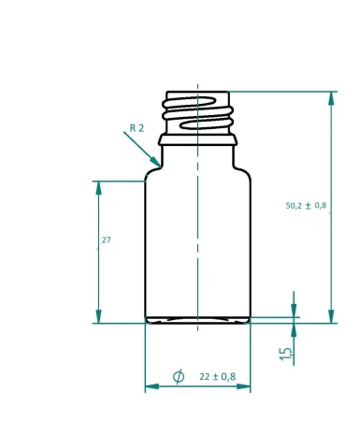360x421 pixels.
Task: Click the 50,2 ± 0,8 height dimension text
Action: [306, 206]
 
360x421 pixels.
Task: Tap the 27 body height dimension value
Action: [106, 240]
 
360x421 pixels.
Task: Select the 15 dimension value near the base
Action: [286, 353]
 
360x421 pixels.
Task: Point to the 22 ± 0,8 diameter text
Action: [218, 376]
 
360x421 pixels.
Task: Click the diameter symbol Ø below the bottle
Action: [179, 376]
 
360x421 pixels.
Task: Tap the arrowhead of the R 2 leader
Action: [154, 167]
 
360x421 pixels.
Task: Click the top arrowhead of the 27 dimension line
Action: [98, 185]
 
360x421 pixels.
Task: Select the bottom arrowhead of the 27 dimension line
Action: [98, 317]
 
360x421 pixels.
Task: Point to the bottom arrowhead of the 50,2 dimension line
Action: [331, 317]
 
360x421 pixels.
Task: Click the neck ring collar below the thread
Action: [197, 141]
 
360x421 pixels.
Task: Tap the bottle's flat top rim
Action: [197, 92]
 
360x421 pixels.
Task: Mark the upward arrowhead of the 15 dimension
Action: [294, 330]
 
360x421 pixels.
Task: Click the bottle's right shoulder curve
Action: [242, 169]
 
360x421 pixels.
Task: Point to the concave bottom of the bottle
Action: [197, 319]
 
